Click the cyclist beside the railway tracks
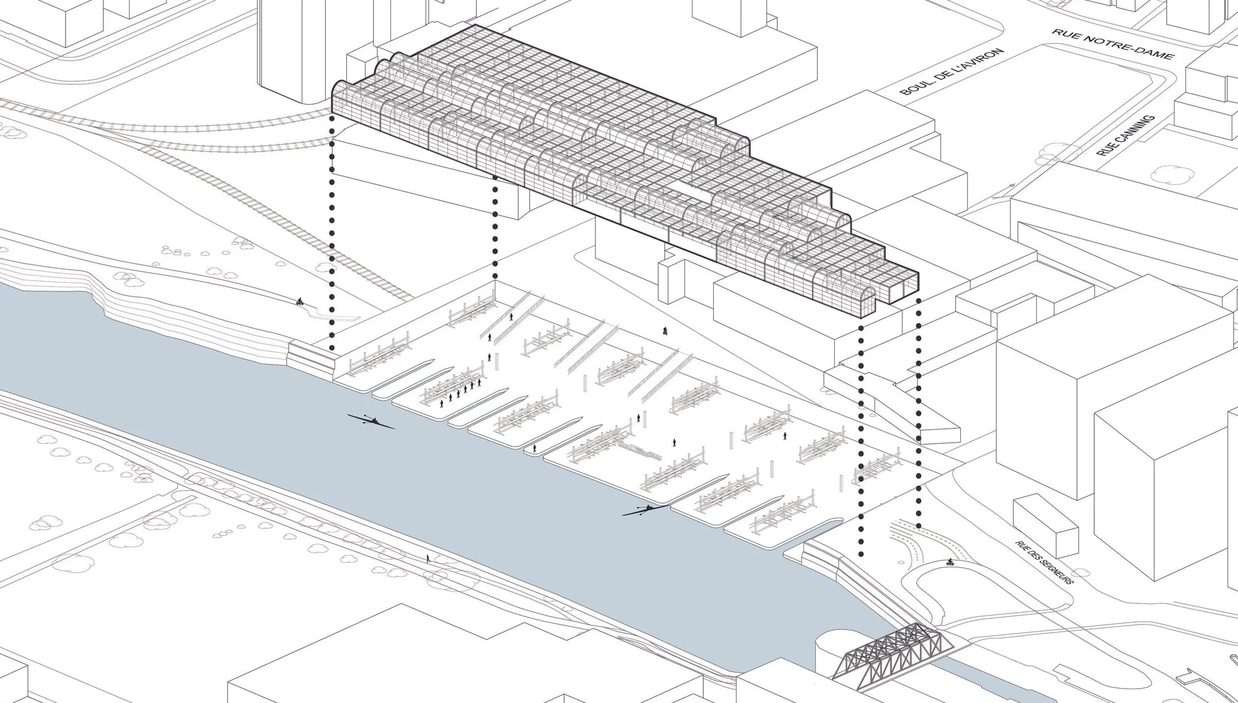[299, 301]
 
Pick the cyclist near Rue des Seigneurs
[949, 562]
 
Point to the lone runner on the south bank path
[428, 559]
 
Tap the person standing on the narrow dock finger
[534, 448]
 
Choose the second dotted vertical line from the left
[495, 228]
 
